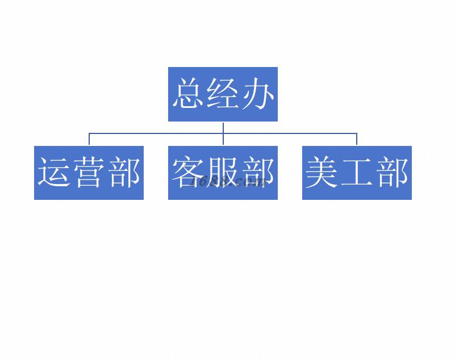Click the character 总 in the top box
(189, 94)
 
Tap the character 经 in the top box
(223, 94)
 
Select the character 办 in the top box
(257, 94)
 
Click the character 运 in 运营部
(55, 173)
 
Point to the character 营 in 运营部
(89, 173)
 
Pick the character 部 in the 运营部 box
(123, 173)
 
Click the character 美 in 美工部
(323, 173)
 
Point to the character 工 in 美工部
(357, 173)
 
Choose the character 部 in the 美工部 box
(391, 173)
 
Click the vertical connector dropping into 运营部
(89, 140)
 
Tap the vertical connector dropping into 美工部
(357, 140)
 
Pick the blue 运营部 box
(89, 193)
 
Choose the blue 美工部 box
(357, 193)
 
